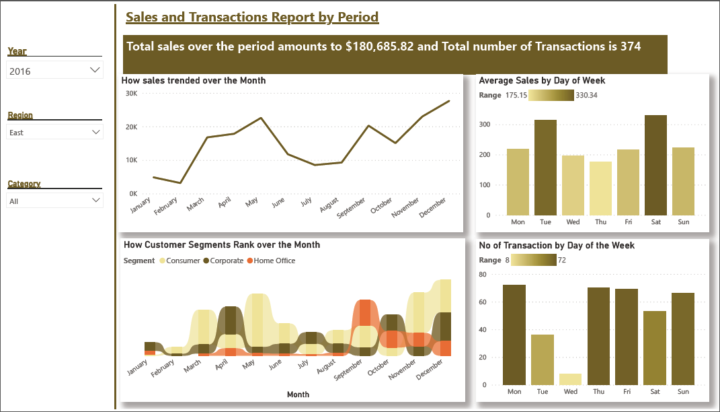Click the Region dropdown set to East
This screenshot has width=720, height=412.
54,133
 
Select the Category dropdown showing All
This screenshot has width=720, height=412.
54,201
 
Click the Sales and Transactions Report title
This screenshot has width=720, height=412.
252,17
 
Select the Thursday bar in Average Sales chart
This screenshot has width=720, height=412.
600,188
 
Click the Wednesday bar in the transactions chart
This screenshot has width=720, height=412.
571,379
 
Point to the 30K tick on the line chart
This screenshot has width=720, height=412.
131,93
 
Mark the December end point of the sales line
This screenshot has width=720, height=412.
448,101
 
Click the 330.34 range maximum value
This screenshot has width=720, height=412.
587,96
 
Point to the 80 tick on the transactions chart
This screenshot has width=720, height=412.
481,274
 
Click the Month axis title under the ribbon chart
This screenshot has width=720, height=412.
298,394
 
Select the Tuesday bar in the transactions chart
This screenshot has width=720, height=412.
543,359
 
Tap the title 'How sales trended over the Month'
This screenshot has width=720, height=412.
194,80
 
